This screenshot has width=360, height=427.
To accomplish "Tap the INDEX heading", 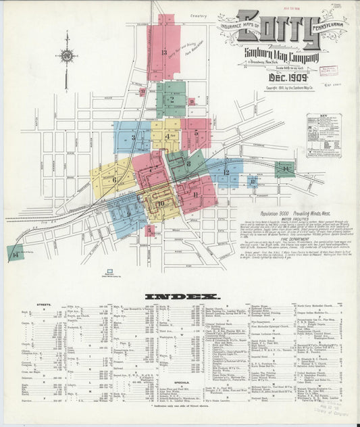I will (182, 296).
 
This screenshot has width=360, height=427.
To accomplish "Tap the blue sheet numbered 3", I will (132, 137).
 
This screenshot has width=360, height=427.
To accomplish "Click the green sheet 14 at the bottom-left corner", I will (15, 253).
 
